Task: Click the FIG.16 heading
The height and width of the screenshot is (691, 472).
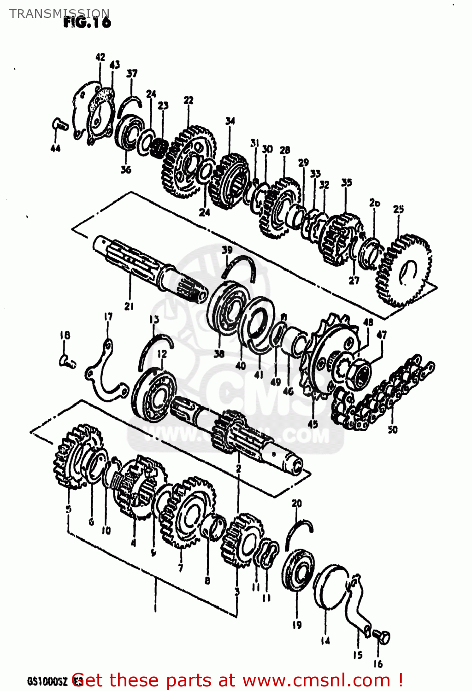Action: [x=87, y=22]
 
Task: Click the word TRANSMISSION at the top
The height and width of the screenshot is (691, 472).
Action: [x=59, y=13]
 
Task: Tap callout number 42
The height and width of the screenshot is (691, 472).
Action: [x=100, y=57]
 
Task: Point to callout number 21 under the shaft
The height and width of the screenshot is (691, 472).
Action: [x=129, y=306]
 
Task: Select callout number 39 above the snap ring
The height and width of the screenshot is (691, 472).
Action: [x=227, y=250]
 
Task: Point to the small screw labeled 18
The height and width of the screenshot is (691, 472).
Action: [x=67, y=362]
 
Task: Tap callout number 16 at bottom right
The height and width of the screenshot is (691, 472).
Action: [x=378, y=663]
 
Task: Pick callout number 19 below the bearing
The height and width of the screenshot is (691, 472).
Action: [x=297, y=625]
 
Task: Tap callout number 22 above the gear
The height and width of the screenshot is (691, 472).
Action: [x=188, y=100]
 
